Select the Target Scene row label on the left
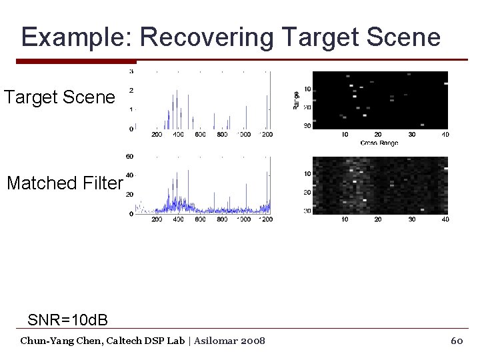[59, 97]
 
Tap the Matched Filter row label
[65, 183]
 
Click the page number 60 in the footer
[457, 341]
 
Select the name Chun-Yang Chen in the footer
[57, 341]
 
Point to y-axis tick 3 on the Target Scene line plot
[131, 71]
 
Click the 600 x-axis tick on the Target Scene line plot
[200, 135]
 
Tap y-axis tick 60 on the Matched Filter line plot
[129, 157]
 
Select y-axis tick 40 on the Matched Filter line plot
[129, 175]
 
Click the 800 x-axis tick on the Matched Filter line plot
[222, 219]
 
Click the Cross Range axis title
[379, 143]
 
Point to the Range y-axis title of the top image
[296, 100]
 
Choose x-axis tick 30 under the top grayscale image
[412, 135]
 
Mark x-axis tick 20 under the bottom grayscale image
[378, 219]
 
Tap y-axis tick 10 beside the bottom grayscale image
[307, 174]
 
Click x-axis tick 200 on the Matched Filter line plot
[156, 219]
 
